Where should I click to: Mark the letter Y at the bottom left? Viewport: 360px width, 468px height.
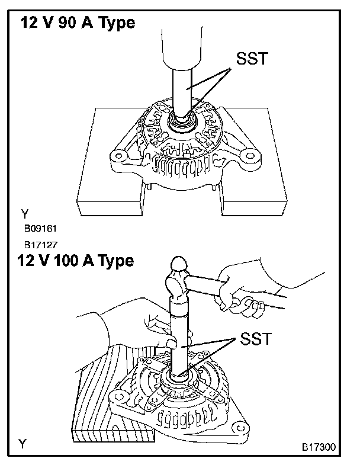click(x=23, y=443)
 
